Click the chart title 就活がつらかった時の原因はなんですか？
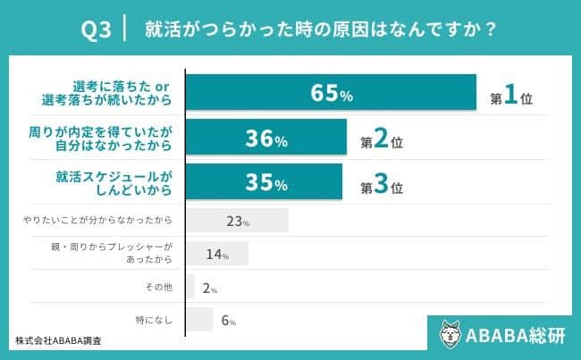[323, 30]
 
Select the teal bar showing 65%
[331, 93]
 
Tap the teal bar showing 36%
[265, 139]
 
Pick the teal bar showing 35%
[264, 184]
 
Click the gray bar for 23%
[237, 221]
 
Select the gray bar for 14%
[217, 254]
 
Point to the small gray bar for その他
[190, 287]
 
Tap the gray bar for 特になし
[199, 319]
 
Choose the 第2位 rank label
[382, 142]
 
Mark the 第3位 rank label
[382, 187]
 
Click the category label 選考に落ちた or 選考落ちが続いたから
[122, 93]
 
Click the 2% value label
[208, 289]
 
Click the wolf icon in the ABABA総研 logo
[452, 334]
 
